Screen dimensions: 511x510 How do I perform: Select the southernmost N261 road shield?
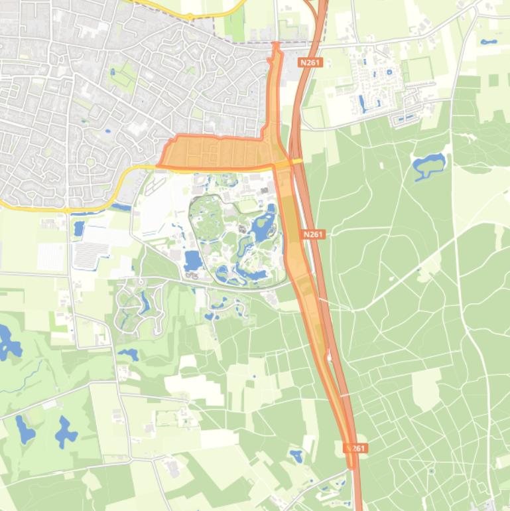pyautogui.click(x=355, y=449)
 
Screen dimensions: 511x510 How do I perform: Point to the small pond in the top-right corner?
pyautogui.click(x=489, y=42)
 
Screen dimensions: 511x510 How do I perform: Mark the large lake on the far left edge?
pyautogui.click(x=8, y=342)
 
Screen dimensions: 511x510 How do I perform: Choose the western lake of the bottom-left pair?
pyautogui.click(x=25, y=429)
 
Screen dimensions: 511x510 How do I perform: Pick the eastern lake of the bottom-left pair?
pyautogui.click(x=65, y=432)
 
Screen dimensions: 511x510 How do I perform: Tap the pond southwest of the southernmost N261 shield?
pyautogui.click(x=296, y=456)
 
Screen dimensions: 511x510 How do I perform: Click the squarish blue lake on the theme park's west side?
pyautogui.click(x=193, y=259)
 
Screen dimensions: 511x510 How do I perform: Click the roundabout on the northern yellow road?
pyautogui.click(x=190, y=16)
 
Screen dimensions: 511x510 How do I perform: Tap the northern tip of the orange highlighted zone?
pyautogui.click(x=276, y=44)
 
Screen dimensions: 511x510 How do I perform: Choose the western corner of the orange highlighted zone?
pyautogui.click(x=159, y=165)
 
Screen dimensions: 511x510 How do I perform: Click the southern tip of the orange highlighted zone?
pyautogui.click(x=351, y=467)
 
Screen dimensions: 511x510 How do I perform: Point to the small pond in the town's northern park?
pyautogui.click(x=112, y=72)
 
